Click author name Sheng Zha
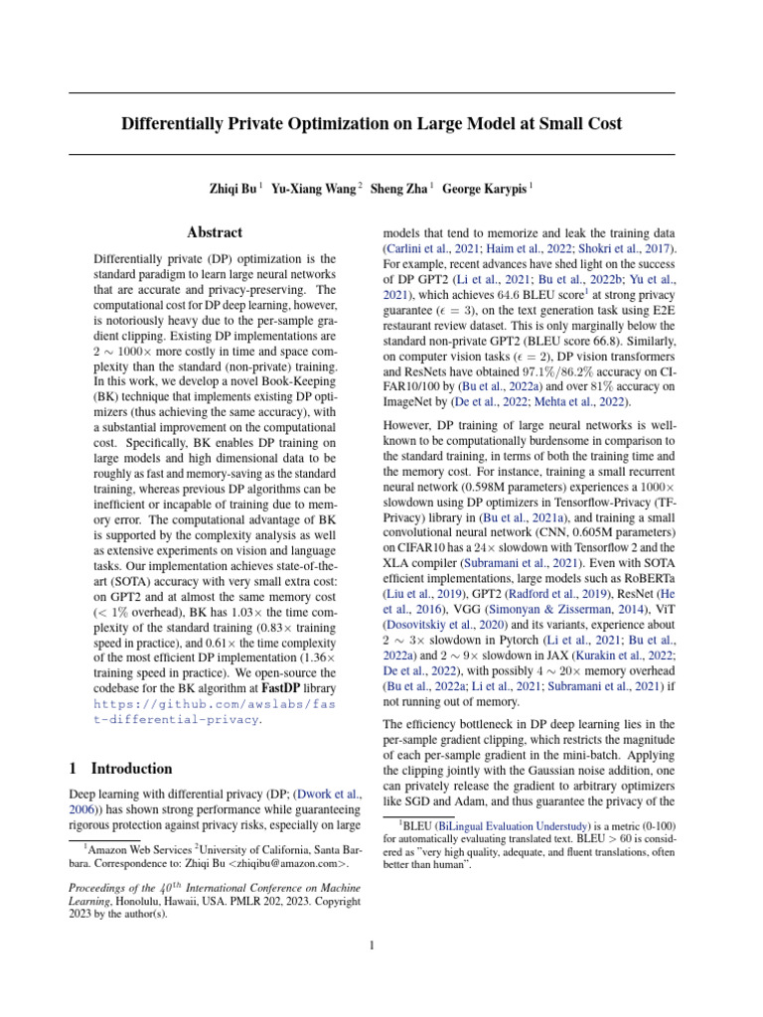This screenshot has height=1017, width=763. click(x=397, y=188)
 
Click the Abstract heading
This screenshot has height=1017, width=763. click(x=215, y=232)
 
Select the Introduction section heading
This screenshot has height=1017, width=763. click(x=130, y=769)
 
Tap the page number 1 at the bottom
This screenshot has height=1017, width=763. click(x=372, y=945)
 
